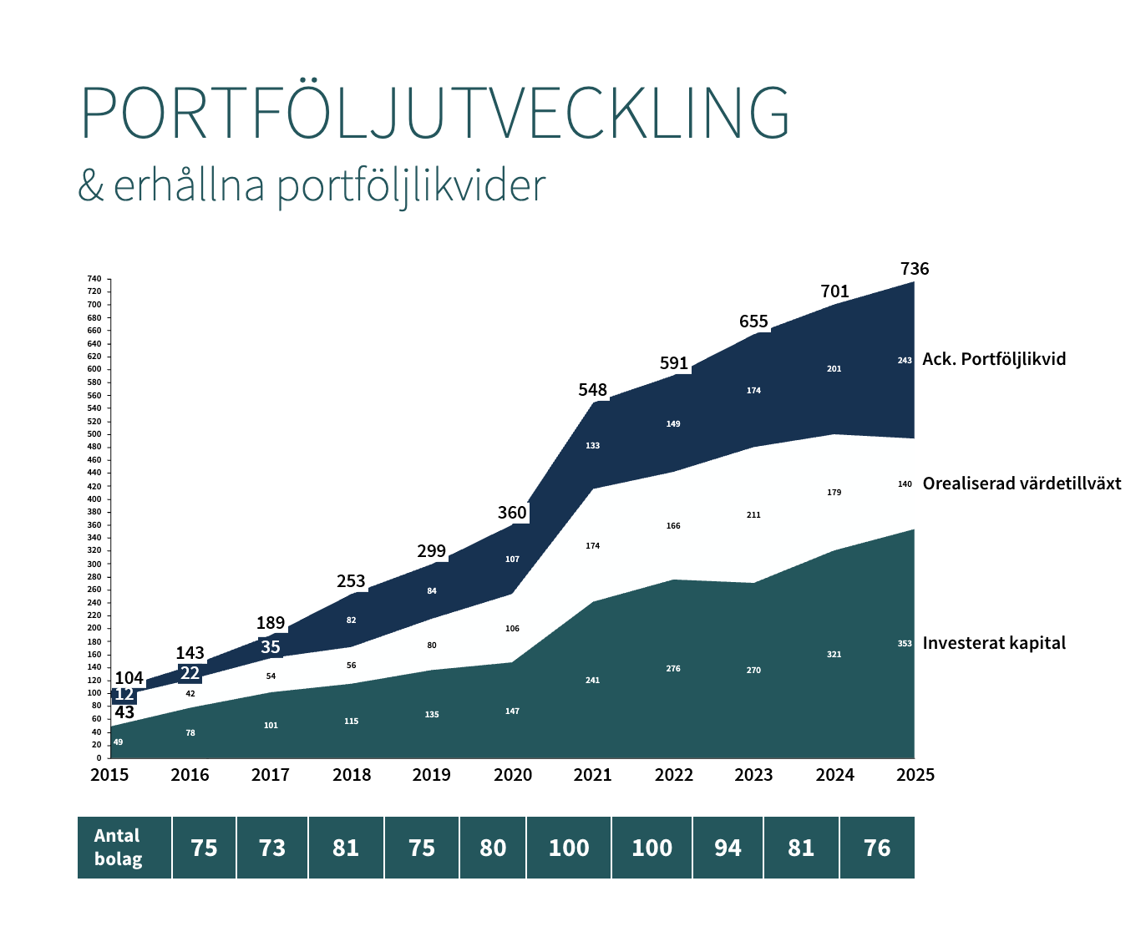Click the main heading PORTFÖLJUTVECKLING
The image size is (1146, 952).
[434, 114]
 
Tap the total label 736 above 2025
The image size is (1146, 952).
[915, 269]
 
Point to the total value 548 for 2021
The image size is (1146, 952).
[593, 390]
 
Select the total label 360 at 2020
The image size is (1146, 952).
[512, 513]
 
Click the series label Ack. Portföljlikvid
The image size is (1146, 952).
[994, 359]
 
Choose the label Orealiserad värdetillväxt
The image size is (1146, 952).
[1022, 484]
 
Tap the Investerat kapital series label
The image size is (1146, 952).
[994, 643]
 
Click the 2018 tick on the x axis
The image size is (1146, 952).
[352, 775]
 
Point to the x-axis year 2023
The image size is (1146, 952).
[753, 775]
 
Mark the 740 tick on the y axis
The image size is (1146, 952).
[94, 279]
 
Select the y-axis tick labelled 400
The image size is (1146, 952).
[94, 499]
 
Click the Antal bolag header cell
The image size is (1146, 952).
[118, 848]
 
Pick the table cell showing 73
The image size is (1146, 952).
[272, 848]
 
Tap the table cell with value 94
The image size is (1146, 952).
[728, 848]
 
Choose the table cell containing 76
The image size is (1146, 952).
[877, 848]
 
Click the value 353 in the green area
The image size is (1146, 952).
[905, 644]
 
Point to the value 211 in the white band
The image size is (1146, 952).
[753, 515]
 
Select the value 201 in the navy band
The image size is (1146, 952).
[834, 368]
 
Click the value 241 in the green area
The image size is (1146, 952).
[592, 681]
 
